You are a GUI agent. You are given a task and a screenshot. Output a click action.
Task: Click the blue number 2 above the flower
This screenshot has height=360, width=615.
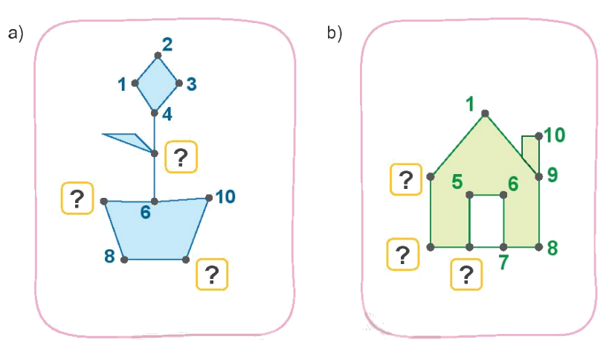click(167, 44)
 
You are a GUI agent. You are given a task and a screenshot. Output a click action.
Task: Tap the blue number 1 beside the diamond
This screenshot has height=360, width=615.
click(122, 84)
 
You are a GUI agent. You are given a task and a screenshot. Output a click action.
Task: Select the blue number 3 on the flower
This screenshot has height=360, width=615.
click(191, 83)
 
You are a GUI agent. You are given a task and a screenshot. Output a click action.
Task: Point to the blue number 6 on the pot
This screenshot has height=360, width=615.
click(146, 213)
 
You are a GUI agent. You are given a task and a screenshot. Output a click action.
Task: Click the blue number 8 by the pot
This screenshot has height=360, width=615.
click(110, 257)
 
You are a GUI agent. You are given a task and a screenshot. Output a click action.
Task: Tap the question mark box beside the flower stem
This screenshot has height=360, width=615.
click(180, 157)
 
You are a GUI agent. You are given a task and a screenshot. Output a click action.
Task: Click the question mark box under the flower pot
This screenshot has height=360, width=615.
click(211, 275)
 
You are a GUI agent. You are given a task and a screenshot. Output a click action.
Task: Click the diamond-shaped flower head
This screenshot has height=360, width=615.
click(157, 83)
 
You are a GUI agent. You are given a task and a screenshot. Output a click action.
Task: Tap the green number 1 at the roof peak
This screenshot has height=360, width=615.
click(470, 103)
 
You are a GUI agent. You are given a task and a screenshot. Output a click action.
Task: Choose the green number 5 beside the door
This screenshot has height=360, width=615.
click(457, 181)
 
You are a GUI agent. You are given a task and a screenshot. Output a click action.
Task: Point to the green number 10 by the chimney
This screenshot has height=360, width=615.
click(554, 135)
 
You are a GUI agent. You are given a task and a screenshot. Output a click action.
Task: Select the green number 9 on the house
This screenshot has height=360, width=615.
click(551, 175)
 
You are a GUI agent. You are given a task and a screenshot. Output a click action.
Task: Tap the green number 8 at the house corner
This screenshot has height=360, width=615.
click(551, 248)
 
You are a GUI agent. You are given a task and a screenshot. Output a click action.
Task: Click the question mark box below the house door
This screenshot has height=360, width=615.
click(466, 274)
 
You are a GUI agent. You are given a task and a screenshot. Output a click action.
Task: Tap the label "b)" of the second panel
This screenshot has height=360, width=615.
click(334, 33)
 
